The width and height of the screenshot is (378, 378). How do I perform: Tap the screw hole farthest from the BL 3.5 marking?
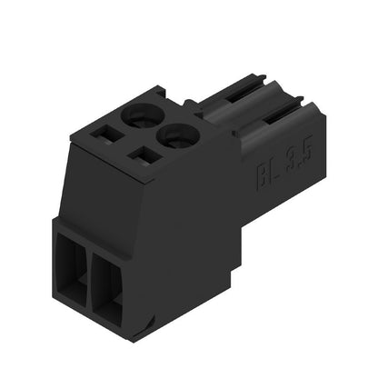pyautogui.click(x=142, y=114)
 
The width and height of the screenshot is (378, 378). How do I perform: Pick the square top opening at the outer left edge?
pyautogui.click(x=105, y=134)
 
